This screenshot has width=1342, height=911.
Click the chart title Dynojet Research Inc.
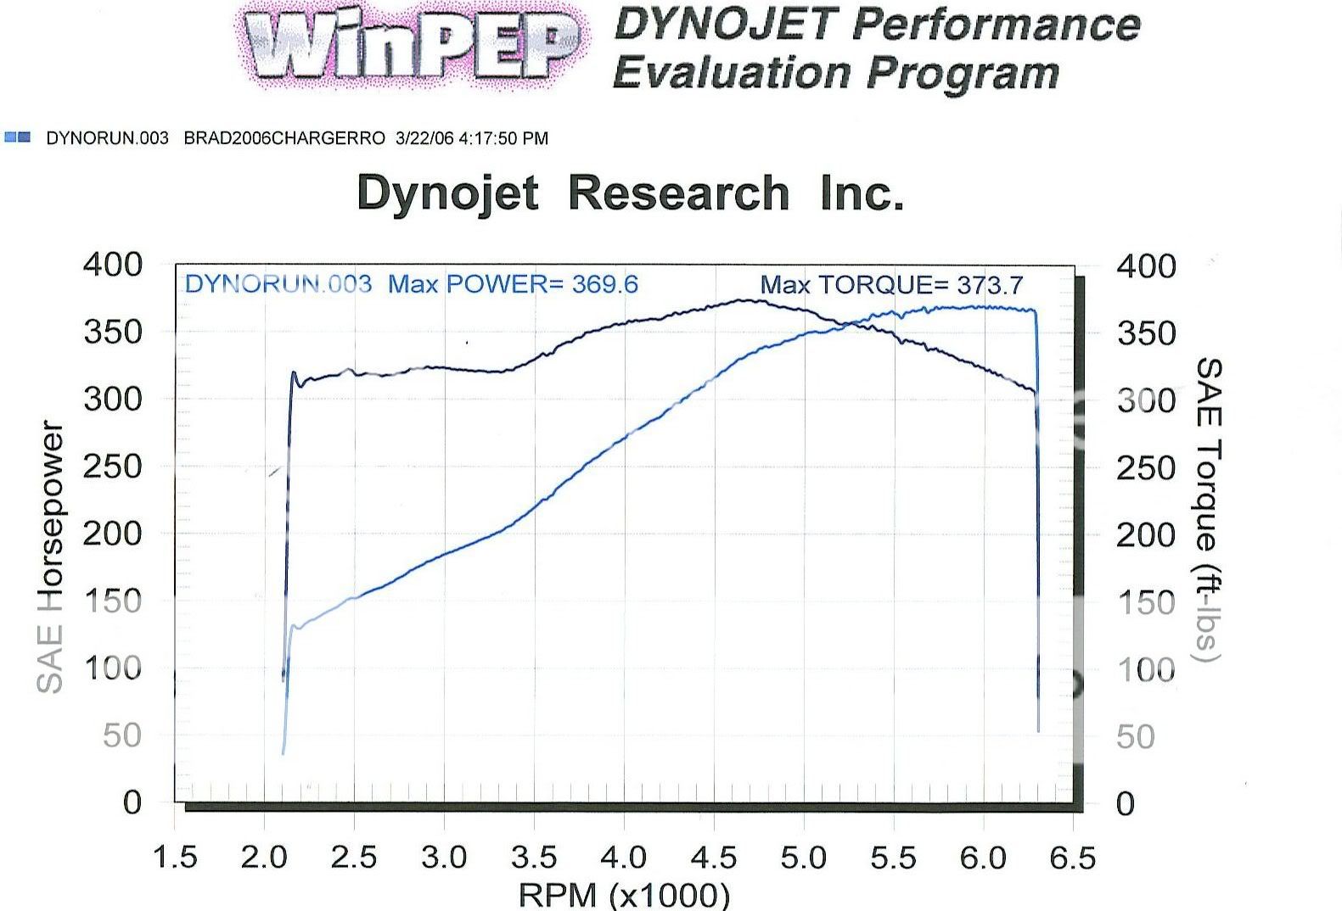tap(630, 193)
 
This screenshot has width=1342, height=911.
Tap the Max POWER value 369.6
tap(604, 283)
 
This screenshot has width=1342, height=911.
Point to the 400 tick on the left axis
tap(113, 264)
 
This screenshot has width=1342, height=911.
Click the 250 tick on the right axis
tap(1146, 467)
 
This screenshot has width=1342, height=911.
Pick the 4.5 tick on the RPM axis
tap(713, 858)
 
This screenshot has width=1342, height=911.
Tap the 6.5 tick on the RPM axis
tap(1073, 858)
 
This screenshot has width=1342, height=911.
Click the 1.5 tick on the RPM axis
tap(175, 858)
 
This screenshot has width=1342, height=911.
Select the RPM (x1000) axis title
tap(624, 894)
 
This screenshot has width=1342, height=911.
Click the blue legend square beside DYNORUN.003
tap(17, 137)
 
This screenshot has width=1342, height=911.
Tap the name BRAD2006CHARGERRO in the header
tap(284, 138)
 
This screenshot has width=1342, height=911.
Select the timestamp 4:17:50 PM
tap(503, 138)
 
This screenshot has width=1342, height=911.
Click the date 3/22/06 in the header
tap(424, 138)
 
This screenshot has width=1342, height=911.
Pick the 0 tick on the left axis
tap(132, 802)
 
